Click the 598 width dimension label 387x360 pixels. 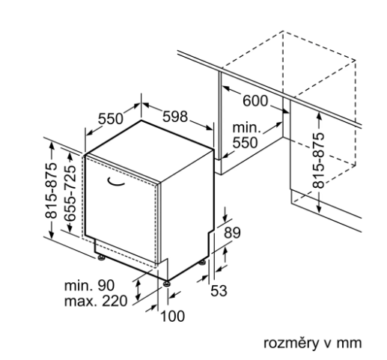(x=175, y=117)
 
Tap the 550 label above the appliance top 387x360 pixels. (x=111, y=119)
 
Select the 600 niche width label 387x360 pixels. (x=255, y=101)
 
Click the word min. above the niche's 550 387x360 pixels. (x=246, y=128)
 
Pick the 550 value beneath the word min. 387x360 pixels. (x=245, y=143)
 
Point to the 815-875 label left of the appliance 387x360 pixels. (x=51, y=191)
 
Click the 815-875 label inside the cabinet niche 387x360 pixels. (x=319, y=160)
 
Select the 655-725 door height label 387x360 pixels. (x=70, y=193)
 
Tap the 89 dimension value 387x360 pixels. (x=232, y=233)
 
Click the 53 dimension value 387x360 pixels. (x=219, y=291)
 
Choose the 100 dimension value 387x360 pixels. (x=172, y=317)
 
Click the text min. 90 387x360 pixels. (x=89, y=285)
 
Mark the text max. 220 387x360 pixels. (x=96, y=301)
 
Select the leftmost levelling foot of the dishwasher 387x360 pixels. (x=101, y=257)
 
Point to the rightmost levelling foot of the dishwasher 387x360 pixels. (x=202, y=263)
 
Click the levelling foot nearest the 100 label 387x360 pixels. (x=167, y=284)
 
